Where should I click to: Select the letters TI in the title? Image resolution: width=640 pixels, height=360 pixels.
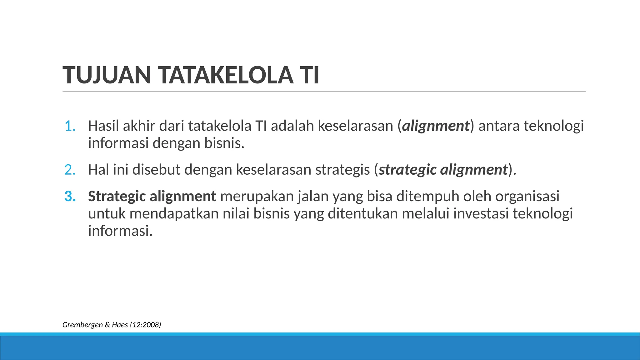[309, 75]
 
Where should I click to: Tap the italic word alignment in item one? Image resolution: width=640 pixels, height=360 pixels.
[436, 126]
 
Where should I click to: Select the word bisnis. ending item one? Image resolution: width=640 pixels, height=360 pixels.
[224, 143]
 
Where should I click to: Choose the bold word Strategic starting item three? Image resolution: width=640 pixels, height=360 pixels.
[117, 197]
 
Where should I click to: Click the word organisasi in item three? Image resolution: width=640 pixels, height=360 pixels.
[527, 197]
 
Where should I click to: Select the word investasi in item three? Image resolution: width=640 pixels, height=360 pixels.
[481, 214]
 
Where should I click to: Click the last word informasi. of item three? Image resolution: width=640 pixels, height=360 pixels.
[120, 231]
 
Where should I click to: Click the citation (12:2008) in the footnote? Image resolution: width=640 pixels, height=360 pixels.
[145, 325]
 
